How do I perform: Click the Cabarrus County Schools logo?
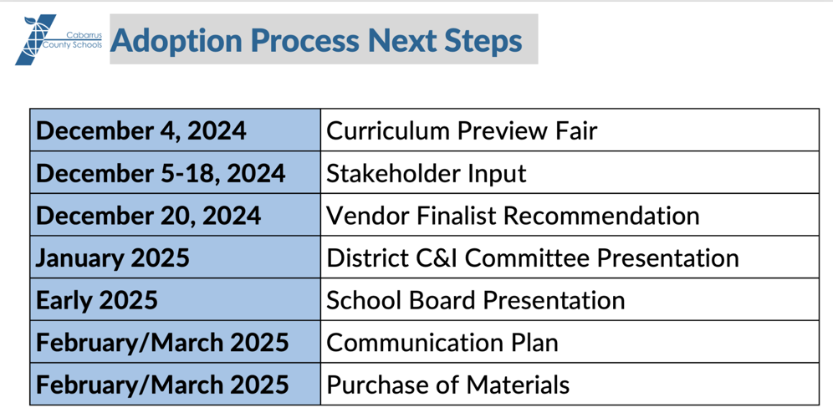click(x=59, y=39)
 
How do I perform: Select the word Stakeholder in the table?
click(x=386, y=173)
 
